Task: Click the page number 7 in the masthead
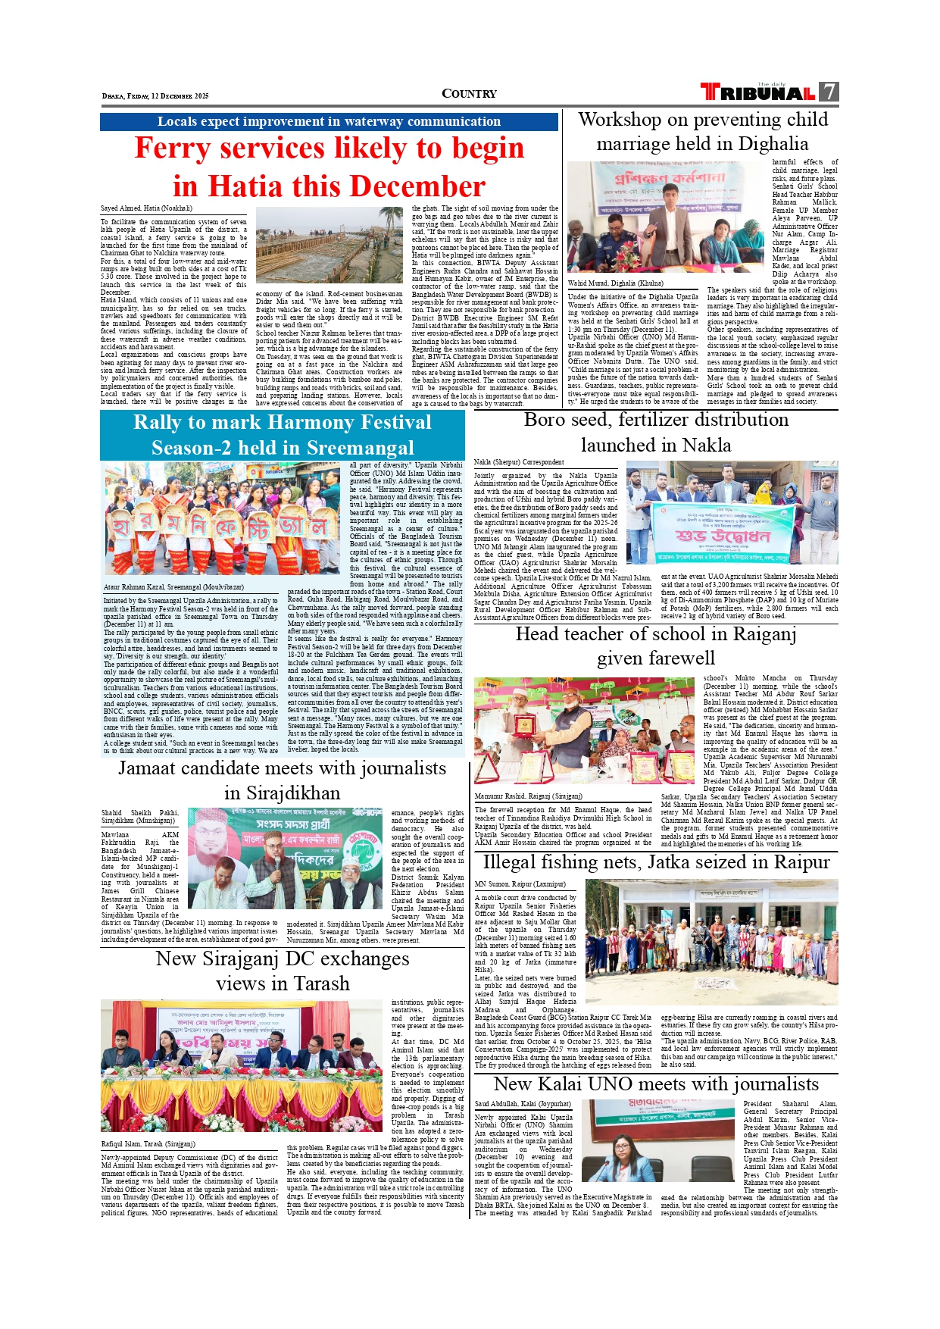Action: click(829, 92)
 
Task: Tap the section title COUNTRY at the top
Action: click(469, 94)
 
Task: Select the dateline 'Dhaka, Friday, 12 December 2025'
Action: click(155, 96)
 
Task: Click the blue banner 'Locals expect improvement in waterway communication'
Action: click(329, 121)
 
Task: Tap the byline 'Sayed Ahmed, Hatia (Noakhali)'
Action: click(146, 208)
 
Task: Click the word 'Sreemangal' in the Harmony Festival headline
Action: click(360, 448)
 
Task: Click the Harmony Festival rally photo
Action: click(225, 520)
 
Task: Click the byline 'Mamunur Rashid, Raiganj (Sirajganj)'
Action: click(528, 796)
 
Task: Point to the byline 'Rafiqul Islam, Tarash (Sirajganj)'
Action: click(148, 1144)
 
